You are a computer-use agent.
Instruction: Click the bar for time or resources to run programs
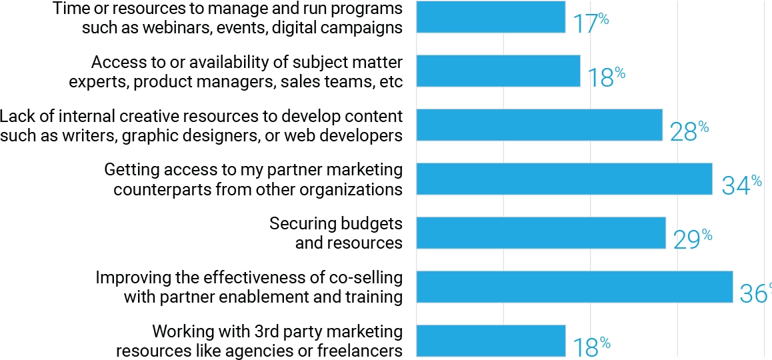(491, 17)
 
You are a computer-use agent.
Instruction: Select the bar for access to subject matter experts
(498, 71)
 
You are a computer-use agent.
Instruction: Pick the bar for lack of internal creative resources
(539, 125)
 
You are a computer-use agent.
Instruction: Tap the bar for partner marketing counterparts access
(564, 179)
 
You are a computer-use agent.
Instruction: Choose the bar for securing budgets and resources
(541, 233)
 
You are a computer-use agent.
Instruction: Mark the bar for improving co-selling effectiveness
(574, 287)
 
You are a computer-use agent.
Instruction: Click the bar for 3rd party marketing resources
(491, 341)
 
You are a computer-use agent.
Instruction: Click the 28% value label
(689, 131)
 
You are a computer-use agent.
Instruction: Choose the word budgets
(370, 223)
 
